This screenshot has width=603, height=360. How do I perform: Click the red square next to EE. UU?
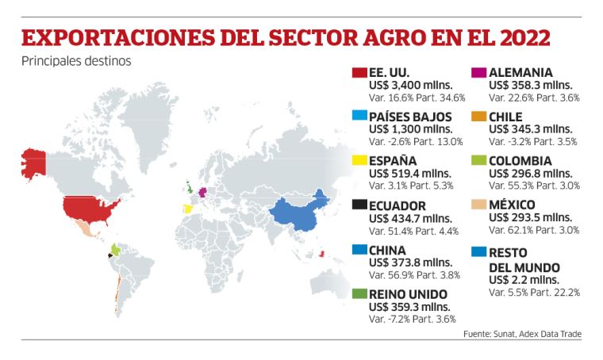tap(359, 73)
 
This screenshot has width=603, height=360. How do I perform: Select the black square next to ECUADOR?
tap(359, 206)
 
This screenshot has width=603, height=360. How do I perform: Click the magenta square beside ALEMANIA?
tap(478, 73)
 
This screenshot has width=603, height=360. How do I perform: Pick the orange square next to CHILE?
tap(478, 117)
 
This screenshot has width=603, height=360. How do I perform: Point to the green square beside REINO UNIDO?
tap(359, 294)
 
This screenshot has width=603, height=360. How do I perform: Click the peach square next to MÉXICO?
tap(478, 205)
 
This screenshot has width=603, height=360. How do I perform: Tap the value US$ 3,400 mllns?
tap(411, 85)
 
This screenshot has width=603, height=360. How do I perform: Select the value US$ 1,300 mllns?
tap(411, 129)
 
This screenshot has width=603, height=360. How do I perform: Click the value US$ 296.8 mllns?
tap(529, 174)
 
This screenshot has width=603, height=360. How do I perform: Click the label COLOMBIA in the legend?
tap(527, 162)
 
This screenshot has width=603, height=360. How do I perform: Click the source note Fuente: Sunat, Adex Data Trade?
tap(522, 334)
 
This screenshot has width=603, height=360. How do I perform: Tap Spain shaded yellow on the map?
tap(188, 209)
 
